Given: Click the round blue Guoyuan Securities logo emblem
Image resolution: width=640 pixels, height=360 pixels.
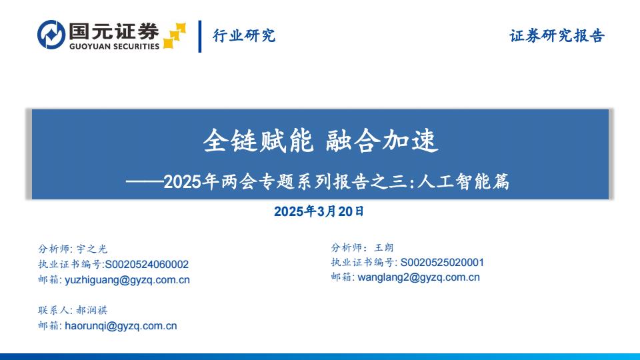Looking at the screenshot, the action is (51, 35).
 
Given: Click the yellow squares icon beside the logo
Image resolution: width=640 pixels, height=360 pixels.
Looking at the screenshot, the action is (175, 36).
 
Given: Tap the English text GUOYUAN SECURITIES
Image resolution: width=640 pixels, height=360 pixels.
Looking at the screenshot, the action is (114, 47).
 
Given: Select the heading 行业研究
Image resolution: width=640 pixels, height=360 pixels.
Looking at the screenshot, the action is (244, 35).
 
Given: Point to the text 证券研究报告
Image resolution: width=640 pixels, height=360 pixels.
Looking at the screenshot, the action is (557, 35).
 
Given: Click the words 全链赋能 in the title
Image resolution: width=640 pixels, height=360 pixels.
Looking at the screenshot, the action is (259, 141).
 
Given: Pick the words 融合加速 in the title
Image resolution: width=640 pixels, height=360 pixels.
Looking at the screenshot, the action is (382, 141).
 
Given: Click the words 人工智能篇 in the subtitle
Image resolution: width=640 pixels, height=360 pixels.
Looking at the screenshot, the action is (463, 181).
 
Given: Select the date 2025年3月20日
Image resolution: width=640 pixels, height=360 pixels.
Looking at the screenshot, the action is (319, 211).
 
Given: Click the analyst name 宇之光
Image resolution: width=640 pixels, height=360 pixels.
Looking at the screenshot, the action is (92, 249).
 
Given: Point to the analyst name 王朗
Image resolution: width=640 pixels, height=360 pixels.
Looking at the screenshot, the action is (384, 247).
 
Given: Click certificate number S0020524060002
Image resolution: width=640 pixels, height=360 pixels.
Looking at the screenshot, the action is (147, 265).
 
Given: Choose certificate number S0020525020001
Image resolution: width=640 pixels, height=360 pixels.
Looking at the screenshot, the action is (442, 263).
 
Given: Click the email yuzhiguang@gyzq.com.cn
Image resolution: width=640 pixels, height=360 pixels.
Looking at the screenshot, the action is (127, 280).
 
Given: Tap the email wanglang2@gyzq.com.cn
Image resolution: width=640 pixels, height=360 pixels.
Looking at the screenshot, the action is (419, 277).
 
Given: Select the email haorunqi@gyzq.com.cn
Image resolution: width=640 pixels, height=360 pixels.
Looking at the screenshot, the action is (121, 326).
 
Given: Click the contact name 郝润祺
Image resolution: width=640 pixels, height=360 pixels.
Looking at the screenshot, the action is (92, 310).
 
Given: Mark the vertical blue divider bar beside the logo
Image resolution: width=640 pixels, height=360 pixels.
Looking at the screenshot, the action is (199, 36).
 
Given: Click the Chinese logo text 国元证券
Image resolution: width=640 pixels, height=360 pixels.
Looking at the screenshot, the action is (114, 31).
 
